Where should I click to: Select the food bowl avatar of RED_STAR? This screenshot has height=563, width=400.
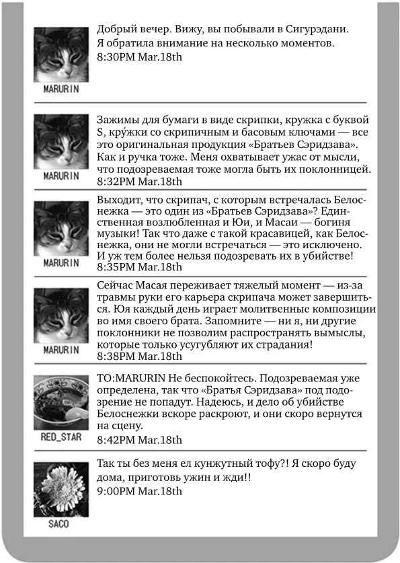(x=61, y=402)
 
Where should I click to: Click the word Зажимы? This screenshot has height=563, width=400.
(x=116, y=118)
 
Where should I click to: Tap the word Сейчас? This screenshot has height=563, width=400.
(x=116, y=288)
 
